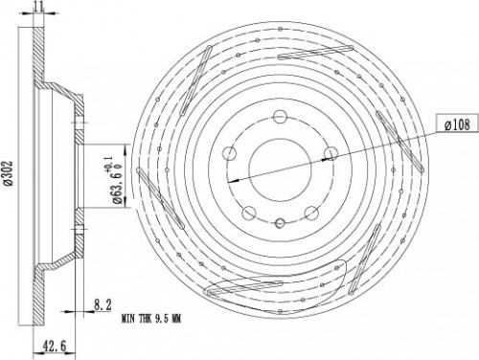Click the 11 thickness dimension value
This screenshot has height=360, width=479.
pos(38,7)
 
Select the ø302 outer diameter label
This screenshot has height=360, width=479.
pos(9,172)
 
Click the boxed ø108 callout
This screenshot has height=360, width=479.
pos(457,124)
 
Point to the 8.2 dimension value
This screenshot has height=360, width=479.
pos(103,304)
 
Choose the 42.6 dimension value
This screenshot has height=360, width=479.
pos(54,346)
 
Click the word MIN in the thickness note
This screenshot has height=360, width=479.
pos(128,318)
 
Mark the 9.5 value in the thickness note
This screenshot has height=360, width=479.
pos(162,318)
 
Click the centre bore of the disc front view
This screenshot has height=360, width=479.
pos(280,169)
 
